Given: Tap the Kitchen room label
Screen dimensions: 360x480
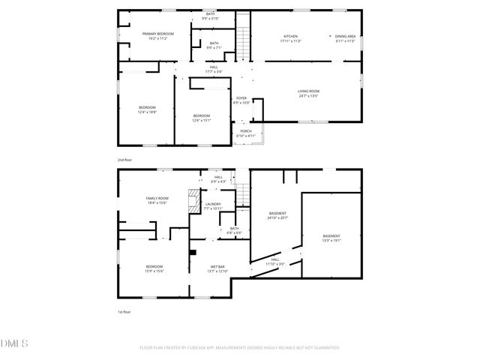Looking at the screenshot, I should (x=290, y=38).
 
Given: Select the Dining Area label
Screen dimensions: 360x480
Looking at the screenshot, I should (x=345, y=38).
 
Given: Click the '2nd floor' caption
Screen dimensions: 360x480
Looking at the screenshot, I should (x=124, y=160).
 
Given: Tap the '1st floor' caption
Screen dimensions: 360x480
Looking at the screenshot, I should (x=124, y=311).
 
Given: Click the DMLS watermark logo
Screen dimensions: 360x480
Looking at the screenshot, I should (x=14, y=343).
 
